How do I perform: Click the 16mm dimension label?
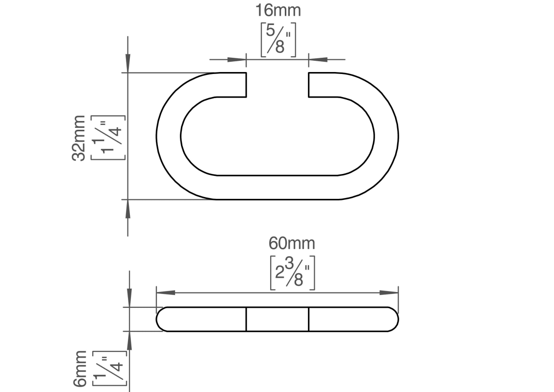278,10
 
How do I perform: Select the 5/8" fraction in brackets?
278,40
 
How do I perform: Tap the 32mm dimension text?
78,138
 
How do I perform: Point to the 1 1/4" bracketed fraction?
108,138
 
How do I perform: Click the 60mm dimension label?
292,244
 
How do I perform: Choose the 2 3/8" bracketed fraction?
293,272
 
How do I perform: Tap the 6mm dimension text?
80,368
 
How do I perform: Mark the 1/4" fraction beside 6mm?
109,368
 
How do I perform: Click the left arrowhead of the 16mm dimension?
236,59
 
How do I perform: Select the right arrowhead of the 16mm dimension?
318,59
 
